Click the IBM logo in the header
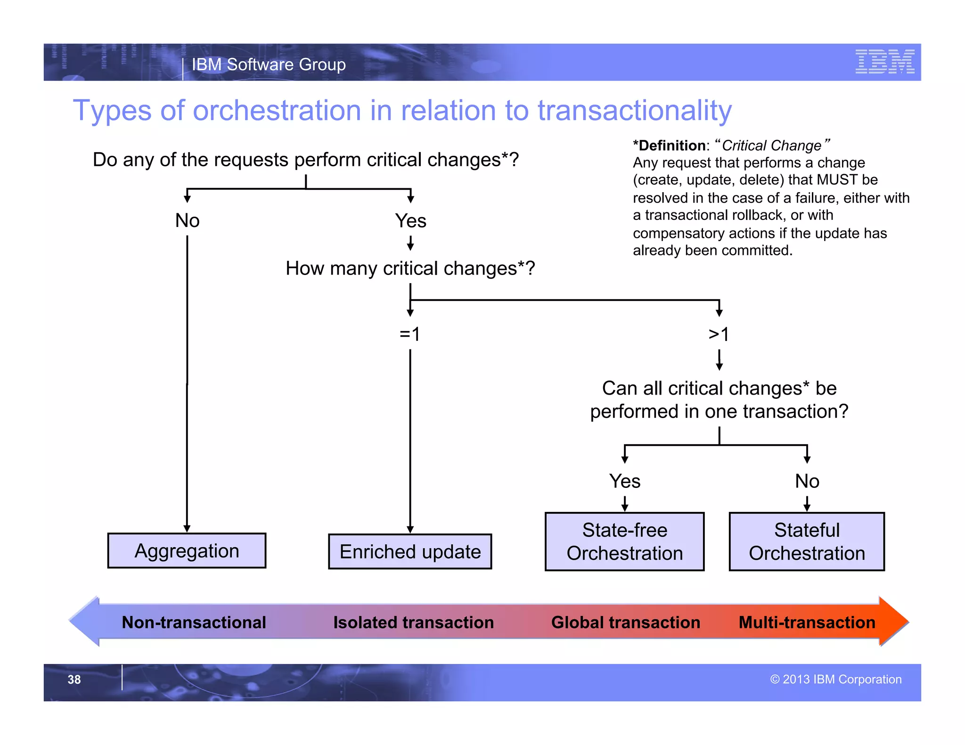pyautogui.click(x=884, y=62)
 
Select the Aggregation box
pyautogui.click(x=187, y=551)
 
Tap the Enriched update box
pyautogui.click(x=410, y=551)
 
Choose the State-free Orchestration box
pyautogui.click(x=624, y=542)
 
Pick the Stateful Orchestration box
pyautogui.click(x=807, y=542)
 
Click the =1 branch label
pyautogui.click(x=409, y=334)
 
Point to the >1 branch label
pyautogui.click(x=719, y=334)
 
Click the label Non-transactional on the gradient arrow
pyautogui.click(x=194, y=622)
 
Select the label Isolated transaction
pyautogui.click(x=413, y=622)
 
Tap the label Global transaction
pyautogui.click(x=625, y=622)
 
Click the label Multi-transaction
pyautogui.click(x=807, y=622)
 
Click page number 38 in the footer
pyautogui.click(x=74, y=680)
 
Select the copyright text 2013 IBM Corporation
pyautogui.click(x=836, y=679)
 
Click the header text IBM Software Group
pyautogui.click(x=269, y=65)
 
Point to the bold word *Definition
pyautogui.click(x=669, y=146)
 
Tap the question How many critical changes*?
pyautogui.click(x=410, y=268)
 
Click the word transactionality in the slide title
pyautogui.click(x=634, y=111)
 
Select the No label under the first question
pyautogui.click(x=187, y=220)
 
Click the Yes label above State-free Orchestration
pyautogui.click(x=624, y=481)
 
